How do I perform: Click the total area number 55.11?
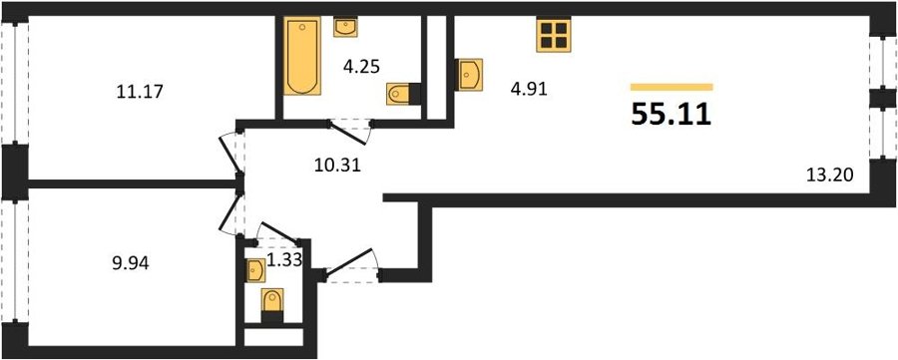point(672,115)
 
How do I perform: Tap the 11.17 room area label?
point(141,91)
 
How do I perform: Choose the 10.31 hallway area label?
point(337,166)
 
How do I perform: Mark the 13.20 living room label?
point(829,176)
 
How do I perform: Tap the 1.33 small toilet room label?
point(280,261)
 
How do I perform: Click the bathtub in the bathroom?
point(302,56)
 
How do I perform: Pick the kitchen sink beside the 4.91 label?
point(470,75)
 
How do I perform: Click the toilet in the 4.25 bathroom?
point(403,94)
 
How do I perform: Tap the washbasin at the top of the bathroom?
point(345,28)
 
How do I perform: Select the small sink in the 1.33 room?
point(256,270)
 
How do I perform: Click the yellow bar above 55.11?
point(672,87)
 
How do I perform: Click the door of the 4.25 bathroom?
point(350,132)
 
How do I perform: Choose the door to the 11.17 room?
point(231,155)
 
